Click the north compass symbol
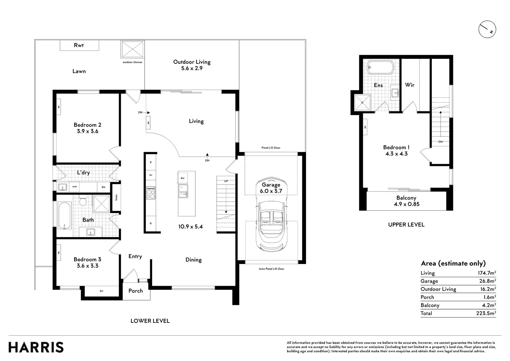coord(487,29)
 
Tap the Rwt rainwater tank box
coord(79,45)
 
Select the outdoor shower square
coord(133,49)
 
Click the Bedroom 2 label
coord(87,125)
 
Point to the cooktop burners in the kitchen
coord(151,193)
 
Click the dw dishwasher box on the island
coord(183,178)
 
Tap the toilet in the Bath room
coord(83,201)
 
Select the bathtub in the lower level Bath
coord(65,216)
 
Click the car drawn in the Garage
coord(271,214)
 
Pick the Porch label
coord(136,291)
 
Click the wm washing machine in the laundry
coord(74,187)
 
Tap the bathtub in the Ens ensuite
coord(380,67)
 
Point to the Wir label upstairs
coord(410,85)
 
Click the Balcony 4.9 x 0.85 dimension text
coord(407,204)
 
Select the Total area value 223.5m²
coord(486,313)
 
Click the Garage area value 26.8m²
coord(487,281)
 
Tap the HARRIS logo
coord(36,347)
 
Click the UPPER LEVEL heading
coord(407,225)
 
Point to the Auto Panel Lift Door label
coord(272,269)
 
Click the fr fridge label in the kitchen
coord(151,224)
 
